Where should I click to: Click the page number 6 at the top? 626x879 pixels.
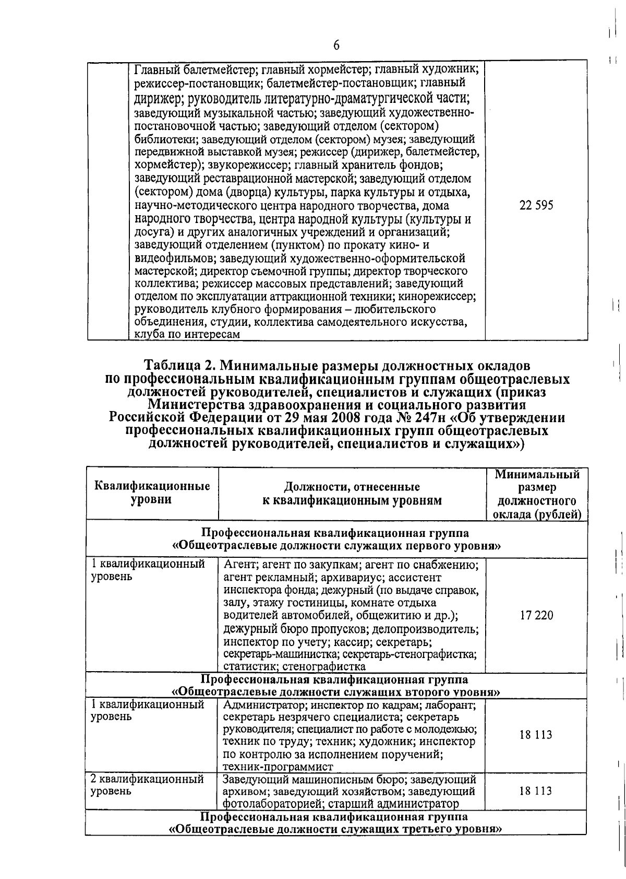[x=336, y=45]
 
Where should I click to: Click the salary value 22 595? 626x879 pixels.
[x=536, y=205]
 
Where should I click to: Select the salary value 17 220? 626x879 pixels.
[x=536, y=615]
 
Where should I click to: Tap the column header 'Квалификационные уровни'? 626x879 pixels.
[x=152, y=493]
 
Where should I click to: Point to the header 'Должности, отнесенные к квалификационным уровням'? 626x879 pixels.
[x=352, y=494]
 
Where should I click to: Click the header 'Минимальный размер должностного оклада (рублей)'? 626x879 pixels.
[x=537, y=494]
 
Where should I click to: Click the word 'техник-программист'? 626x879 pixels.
[x=278, y=767]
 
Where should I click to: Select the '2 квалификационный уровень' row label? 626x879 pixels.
[x=147, y=785]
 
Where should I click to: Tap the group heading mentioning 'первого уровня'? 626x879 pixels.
[x=337, y=540]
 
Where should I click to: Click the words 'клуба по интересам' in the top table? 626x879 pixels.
[x=187, y=335]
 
